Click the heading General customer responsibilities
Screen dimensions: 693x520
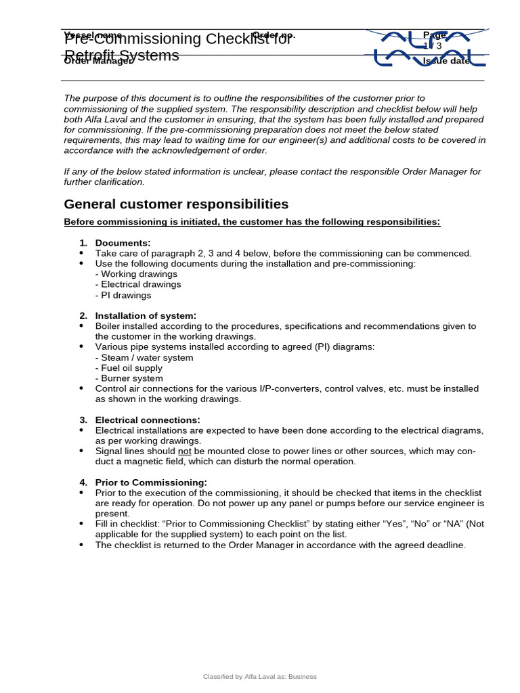click(176, 204)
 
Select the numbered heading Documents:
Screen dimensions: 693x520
click(123, 243)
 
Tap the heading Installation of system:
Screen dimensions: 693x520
click(146, 315)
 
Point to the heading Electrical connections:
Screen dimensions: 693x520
click(148, 420)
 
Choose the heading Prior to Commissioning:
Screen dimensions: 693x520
click(151, 482)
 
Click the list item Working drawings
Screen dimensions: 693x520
click(136, 274)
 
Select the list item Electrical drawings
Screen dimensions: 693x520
click(138, 284)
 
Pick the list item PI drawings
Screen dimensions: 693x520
click(123, 295)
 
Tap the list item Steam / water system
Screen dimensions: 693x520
click(144, 357)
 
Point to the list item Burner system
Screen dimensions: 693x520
click(129, 378)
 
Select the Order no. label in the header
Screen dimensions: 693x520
click(274, 35)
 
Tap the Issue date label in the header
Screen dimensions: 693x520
click(446, 61)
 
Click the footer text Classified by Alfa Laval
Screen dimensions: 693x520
click(260, 676)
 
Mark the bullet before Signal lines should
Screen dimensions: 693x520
click(82, 451)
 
